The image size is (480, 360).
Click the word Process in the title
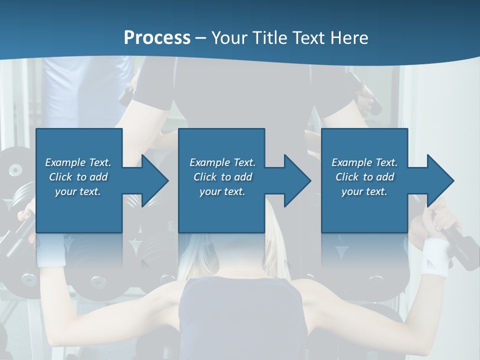point(157,37)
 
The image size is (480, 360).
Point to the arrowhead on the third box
point(439,180)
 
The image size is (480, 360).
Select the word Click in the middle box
point(205,177)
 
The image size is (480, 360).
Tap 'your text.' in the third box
point(364,191)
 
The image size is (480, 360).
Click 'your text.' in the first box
point(78,191)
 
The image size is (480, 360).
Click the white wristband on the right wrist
point(434,256)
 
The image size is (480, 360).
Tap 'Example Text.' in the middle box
point(222,162)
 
